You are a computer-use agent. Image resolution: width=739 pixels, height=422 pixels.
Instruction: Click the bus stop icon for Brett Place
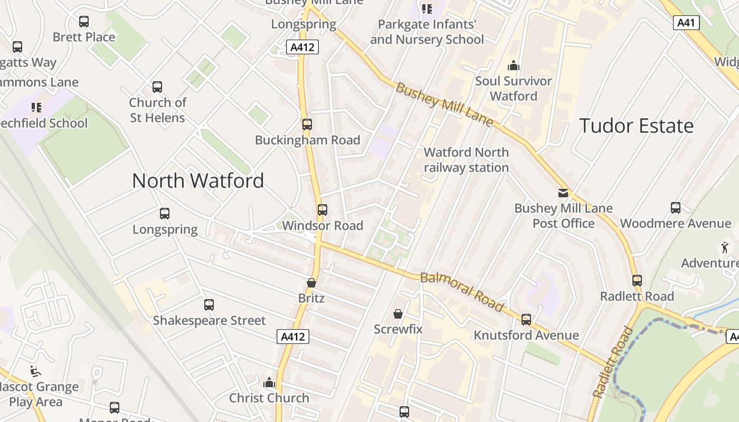(84, 22)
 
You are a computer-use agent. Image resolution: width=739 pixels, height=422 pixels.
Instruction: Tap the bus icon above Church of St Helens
(157, 87)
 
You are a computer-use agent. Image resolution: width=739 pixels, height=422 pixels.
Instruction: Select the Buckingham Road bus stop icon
(307, 124)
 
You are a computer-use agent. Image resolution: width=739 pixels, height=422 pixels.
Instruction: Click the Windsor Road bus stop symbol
(322, 210)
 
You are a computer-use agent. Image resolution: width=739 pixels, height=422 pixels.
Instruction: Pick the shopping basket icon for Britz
(311, 283)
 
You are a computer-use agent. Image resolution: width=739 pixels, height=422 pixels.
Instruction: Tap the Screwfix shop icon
(398, 314)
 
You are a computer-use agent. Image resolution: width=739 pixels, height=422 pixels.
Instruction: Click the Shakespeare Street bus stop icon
(209, 305)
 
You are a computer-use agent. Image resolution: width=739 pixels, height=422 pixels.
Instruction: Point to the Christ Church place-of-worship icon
(269, 382)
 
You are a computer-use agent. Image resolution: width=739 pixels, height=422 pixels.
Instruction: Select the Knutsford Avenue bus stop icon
(526, 320)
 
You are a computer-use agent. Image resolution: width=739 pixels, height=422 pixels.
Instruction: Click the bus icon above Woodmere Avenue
(675, 208)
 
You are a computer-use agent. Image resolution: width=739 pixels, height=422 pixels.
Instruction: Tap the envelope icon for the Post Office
(563, 193)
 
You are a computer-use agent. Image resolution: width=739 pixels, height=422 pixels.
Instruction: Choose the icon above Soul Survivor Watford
(513, 66)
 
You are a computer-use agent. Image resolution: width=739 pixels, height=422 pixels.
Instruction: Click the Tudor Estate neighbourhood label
(636, 126)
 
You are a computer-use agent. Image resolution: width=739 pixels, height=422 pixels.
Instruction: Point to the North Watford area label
(198, 181)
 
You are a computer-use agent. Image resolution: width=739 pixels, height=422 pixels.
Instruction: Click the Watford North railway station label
(466, 160)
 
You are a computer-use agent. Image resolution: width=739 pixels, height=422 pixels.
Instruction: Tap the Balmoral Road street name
(462, 292)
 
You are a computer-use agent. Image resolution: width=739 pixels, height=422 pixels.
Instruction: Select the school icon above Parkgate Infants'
(427, 9)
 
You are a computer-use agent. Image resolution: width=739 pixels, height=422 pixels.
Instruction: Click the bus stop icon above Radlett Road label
(637, 281)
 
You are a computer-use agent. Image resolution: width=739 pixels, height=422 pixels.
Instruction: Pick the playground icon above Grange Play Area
(35, 371)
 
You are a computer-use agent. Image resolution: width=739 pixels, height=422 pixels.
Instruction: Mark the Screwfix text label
(398, 329)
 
